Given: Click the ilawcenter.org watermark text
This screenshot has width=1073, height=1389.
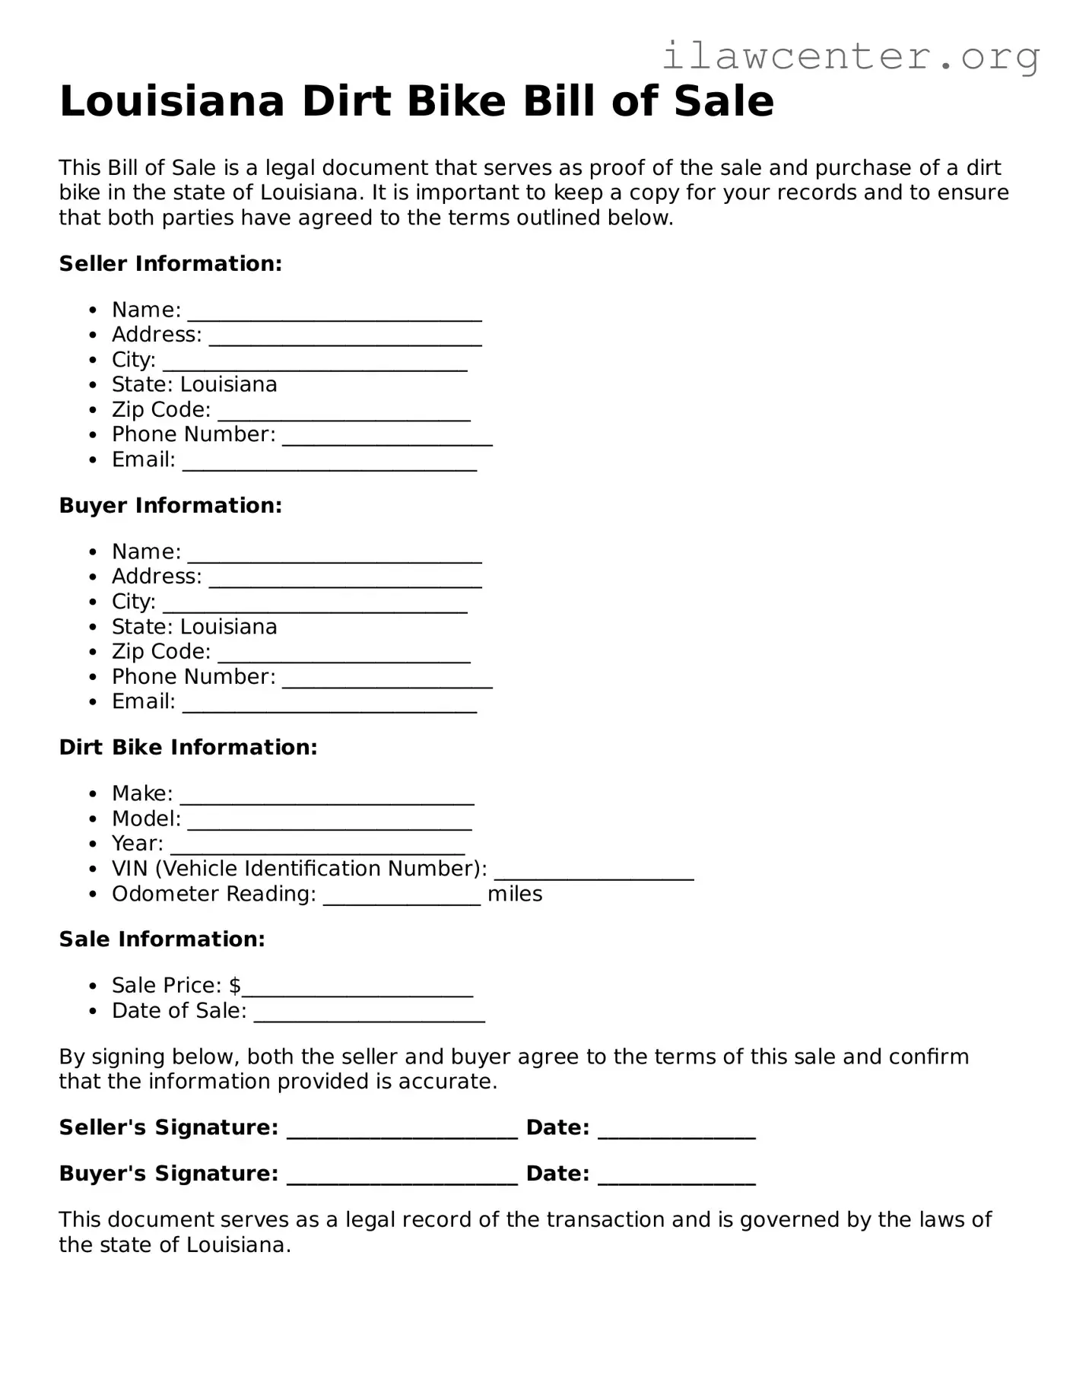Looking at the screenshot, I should tap(850, 56).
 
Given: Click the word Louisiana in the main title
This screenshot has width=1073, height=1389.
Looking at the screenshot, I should tap(172, 102).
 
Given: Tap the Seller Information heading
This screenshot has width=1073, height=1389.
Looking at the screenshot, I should tap(170, 264).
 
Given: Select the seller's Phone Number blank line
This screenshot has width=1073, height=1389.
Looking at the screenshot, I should tap(387, 442).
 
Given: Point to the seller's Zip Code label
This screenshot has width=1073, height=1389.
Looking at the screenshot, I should tap(160, 410).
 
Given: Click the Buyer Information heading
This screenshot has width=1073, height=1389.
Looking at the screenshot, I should tap(170, 506).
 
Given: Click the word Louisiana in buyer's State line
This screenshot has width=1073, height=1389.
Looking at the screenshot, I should tap(228, 627).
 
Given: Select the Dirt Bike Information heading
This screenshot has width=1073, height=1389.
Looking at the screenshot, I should tap(188, 748).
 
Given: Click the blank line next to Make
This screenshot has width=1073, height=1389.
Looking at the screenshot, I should tap(327, 801).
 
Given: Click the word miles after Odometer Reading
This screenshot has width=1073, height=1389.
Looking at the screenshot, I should tap(515, 895).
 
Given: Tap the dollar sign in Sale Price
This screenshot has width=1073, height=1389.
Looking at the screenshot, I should tap(235, 986).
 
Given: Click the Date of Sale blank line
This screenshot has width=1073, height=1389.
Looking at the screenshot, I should tap(369, 1019).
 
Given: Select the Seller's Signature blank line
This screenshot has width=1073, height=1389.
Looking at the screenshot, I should tap(402, 1135).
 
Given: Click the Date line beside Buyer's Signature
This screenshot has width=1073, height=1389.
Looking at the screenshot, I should tap(677, 1181).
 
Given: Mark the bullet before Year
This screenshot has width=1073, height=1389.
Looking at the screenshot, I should tap(93, 844).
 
